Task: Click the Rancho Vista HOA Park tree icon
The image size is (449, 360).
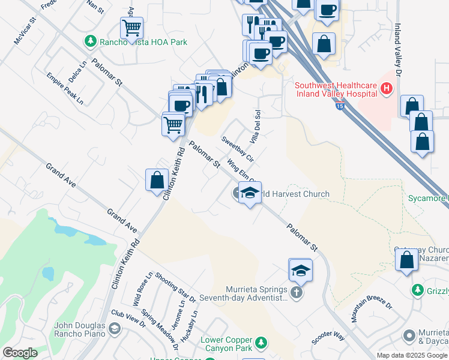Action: click(90, 41)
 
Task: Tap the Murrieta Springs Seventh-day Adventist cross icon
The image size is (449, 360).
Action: click(295, 293)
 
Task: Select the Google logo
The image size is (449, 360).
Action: click(20, 353)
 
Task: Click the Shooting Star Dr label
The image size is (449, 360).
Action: click(175, 287)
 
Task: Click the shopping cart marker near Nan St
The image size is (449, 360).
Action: click(131, 27)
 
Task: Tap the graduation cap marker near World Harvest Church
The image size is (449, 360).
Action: click(250, 193)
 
